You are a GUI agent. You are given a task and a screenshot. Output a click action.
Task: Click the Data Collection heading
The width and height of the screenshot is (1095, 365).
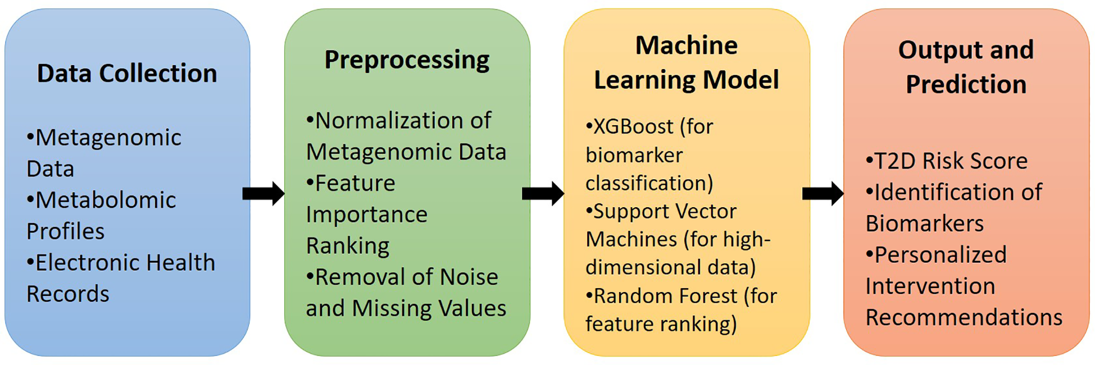[127, 74]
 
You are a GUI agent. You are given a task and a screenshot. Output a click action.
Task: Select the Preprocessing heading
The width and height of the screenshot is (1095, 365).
[407, 60]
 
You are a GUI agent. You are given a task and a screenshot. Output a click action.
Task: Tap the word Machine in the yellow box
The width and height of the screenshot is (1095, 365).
[686, 45]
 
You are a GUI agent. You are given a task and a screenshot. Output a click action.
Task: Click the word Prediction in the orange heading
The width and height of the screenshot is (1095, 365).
[966, 84]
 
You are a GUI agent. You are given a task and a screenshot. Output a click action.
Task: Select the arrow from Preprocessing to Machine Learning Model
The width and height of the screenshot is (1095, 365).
[543, 194]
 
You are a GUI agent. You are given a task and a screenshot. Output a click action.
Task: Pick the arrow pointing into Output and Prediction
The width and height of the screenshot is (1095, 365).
[823, 194]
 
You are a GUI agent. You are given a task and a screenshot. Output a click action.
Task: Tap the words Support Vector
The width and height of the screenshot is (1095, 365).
[665, 211]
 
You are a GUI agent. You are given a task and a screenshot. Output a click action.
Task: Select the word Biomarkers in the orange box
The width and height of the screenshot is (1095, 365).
[925, 223]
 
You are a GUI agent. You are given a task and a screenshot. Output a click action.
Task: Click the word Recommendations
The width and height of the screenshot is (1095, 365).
[964, 317]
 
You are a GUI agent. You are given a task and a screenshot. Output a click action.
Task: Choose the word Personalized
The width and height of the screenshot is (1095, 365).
[940, 255]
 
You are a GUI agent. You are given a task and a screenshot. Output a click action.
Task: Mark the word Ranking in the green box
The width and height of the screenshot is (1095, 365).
[348, 246]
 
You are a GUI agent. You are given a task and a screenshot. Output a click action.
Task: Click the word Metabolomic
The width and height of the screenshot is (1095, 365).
[106, 200]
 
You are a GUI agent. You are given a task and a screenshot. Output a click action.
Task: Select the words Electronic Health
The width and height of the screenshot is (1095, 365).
[125, 263]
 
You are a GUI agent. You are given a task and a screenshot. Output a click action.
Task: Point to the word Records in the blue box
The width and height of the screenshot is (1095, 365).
[68, 294]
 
